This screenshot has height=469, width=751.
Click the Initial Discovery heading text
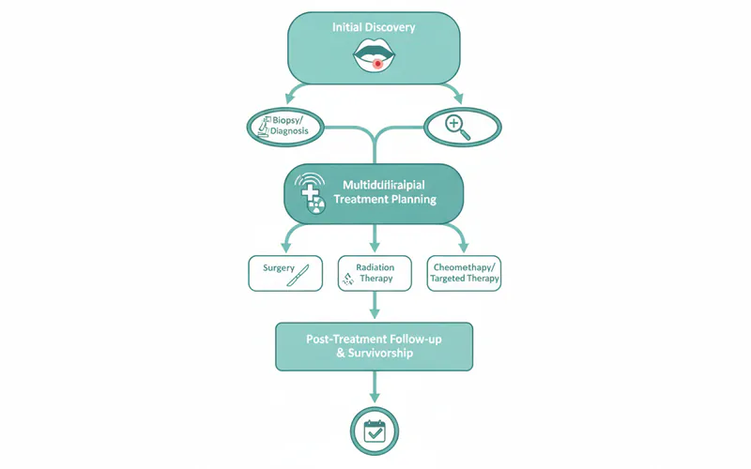pyautogui.click(x=374, y=27)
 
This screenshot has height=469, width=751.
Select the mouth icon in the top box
pyautogui.click(x=375, y=58)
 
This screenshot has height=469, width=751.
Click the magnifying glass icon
pyautogui.click(x=458, y=126)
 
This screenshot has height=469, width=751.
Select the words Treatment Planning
pyautogui.click(x=385, y=199)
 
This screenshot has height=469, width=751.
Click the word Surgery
pyautogui.click(x=279, y=267)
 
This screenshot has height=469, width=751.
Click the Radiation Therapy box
pyautogui.click(x=375, y=273)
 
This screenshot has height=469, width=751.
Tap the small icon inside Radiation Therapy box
pyautogui.click(x=348, y=278)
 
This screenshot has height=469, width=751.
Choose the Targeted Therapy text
pyautogui.click(x=465, y=280)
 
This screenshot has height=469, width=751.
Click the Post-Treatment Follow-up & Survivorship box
pyautogui.click(x=374, y=346)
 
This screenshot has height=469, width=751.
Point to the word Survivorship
pyautogui.click(x=386, y=355)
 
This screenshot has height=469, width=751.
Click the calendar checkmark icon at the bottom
pyautogui.click(x=375, y=431)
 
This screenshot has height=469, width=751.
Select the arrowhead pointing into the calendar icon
pyautogui.click(x=375, y=401)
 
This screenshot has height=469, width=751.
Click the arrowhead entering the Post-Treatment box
pyautogui.click(x=375, y=315)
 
